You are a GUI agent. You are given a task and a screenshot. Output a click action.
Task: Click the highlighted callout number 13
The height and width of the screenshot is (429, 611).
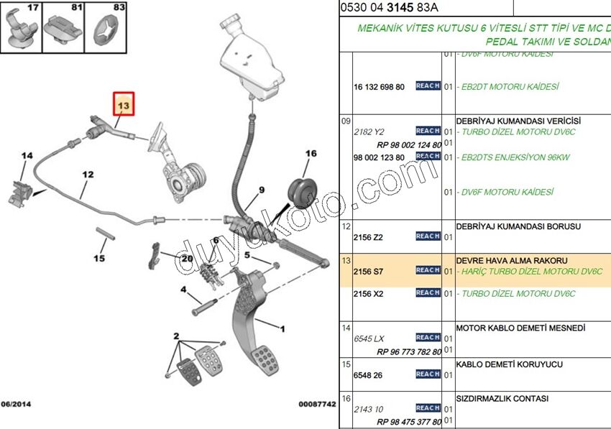pos(124,106)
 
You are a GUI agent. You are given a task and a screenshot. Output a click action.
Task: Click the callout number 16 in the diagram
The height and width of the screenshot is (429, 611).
pos(311,154)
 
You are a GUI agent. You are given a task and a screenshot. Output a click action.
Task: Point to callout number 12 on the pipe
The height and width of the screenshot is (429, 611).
pos(87,174)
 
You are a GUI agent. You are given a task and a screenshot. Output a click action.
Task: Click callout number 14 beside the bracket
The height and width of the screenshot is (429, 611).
pos(27,156)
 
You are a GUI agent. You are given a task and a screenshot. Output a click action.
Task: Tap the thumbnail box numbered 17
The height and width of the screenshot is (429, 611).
pos(22,28)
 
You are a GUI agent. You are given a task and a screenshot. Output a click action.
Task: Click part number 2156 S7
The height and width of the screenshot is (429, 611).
pos(369,271)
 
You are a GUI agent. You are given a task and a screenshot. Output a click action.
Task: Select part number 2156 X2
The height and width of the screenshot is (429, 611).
pos(369,294)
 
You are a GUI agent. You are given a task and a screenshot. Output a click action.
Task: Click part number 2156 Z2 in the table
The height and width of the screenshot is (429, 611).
pos(369,236)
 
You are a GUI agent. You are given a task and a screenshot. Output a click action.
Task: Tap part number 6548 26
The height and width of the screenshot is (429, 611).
pos(367,374)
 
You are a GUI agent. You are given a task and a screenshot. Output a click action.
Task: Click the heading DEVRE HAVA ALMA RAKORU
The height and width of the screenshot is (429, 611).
pos(511,260)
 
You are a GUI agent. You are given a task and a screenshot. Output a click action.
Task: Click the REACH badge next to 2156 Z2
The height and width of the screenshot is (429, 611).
pos(428,236)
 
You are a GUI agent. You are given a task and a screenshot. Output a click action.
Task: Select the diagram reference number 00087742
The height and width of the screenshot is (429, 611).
pos(317,404)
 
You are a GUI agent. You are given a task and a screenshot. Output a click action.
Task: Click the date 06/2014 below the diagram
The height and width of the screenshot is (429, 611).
pos(15,404)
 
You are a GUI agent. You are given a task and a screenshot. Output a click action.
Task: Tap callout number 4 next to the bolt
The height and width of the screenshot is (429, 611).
pos(184,290)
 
